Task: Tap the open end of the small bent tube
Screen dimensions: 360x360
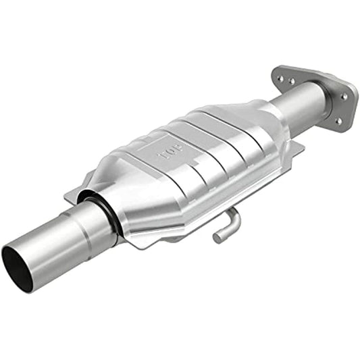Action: pyautogui.click(x=217, y=238)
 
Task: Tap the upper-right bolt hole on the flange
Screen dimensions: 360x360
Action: pyautogui.click(x=344, y=97)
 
